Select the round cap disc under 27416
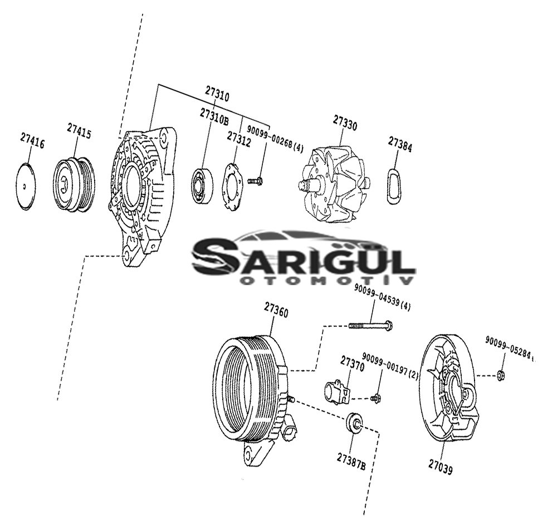(x=26, y=186)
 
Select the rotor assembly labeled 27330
(x=334, y=185)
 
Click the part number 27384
(x=400, y=145)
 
